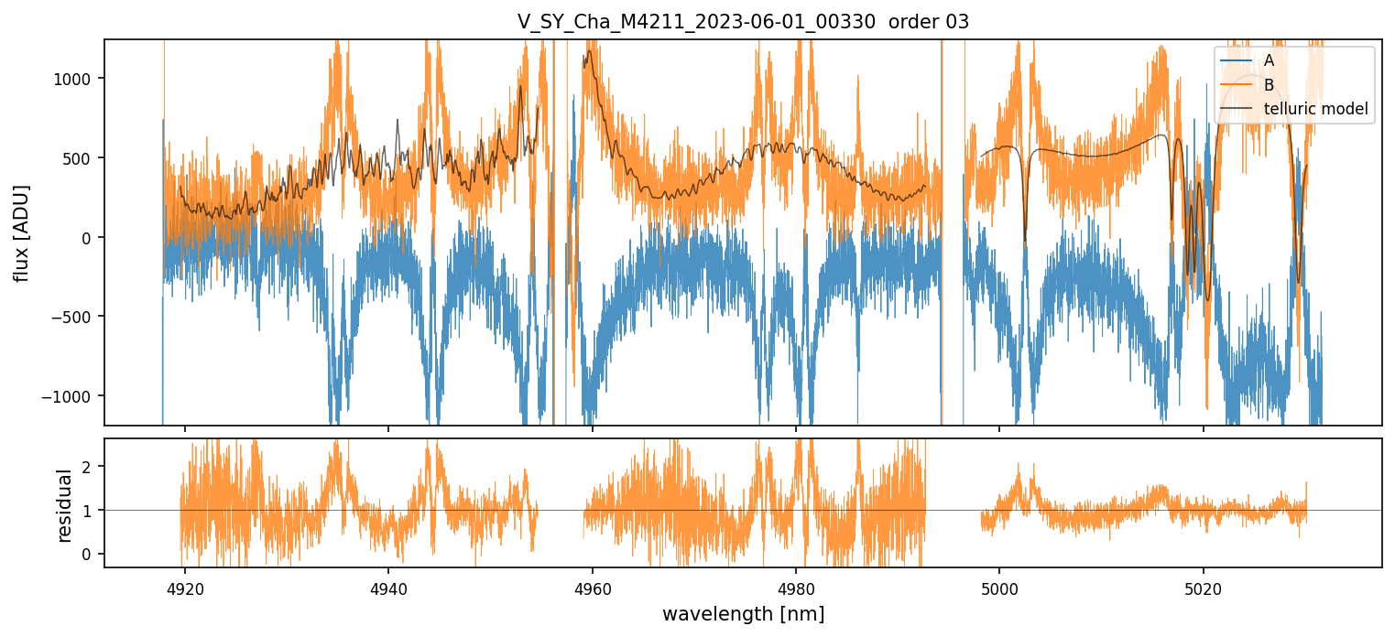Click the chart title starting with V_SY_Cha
743,22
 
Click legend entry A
1269,60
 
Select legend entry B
1269,85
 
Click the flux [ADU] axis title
21,232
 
